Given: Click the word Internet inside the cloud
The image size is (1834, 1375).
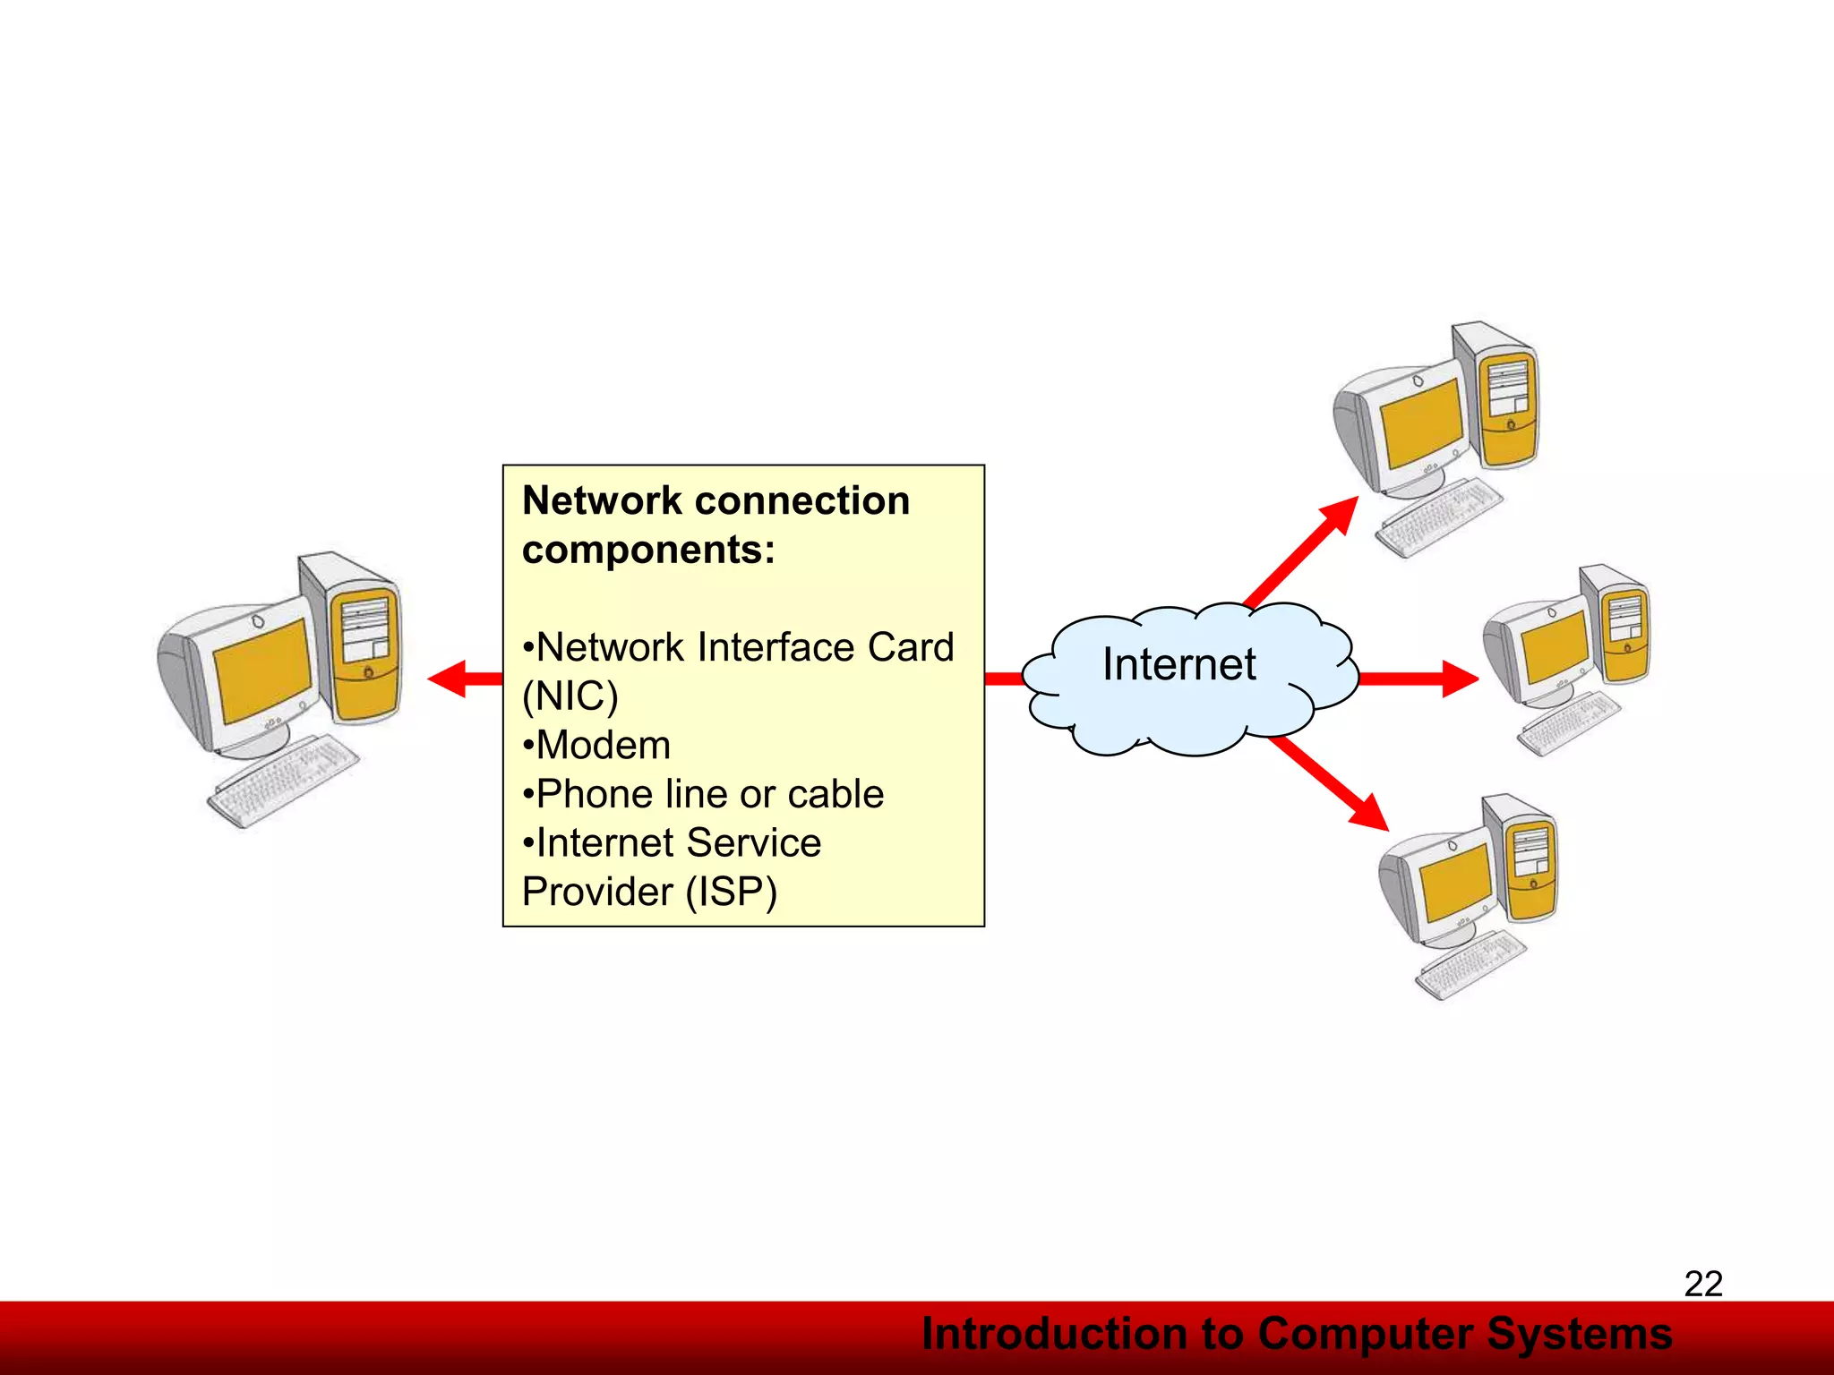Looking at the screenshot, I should pos(1178,664).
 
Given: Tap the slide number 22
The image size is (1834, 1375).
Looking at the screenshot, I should pos(1703,1284).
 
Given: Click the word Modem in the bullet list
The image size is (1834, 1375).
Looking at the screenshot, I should pos(603,746).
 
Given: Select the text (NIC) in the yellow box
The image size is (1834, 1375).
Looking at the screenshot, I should pos(570,696).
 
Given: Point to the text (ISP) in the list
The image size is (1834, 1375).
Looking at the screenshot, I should pos(732,892).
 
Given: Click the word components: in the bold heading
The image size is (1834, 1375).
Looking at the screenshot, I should pos(648,550).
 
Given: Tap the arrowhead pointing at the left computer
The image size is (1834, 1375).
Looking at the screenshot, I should pos(448,679).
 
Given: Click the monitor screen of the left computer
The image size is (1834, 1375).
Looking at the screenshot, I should pos(262,670).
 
